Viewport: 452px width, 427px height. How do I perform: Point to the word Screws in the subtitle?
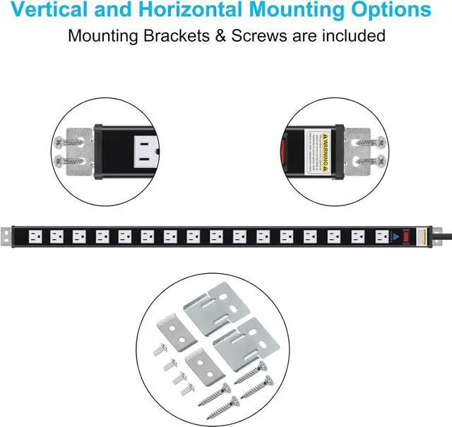click(x=256, y=35)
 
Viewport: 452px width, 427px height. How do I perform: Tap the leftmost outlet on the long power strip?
click(x=36, y=235)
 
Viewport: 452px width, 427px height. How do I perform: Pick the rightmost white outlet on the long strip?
click(x=382, y=235)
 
